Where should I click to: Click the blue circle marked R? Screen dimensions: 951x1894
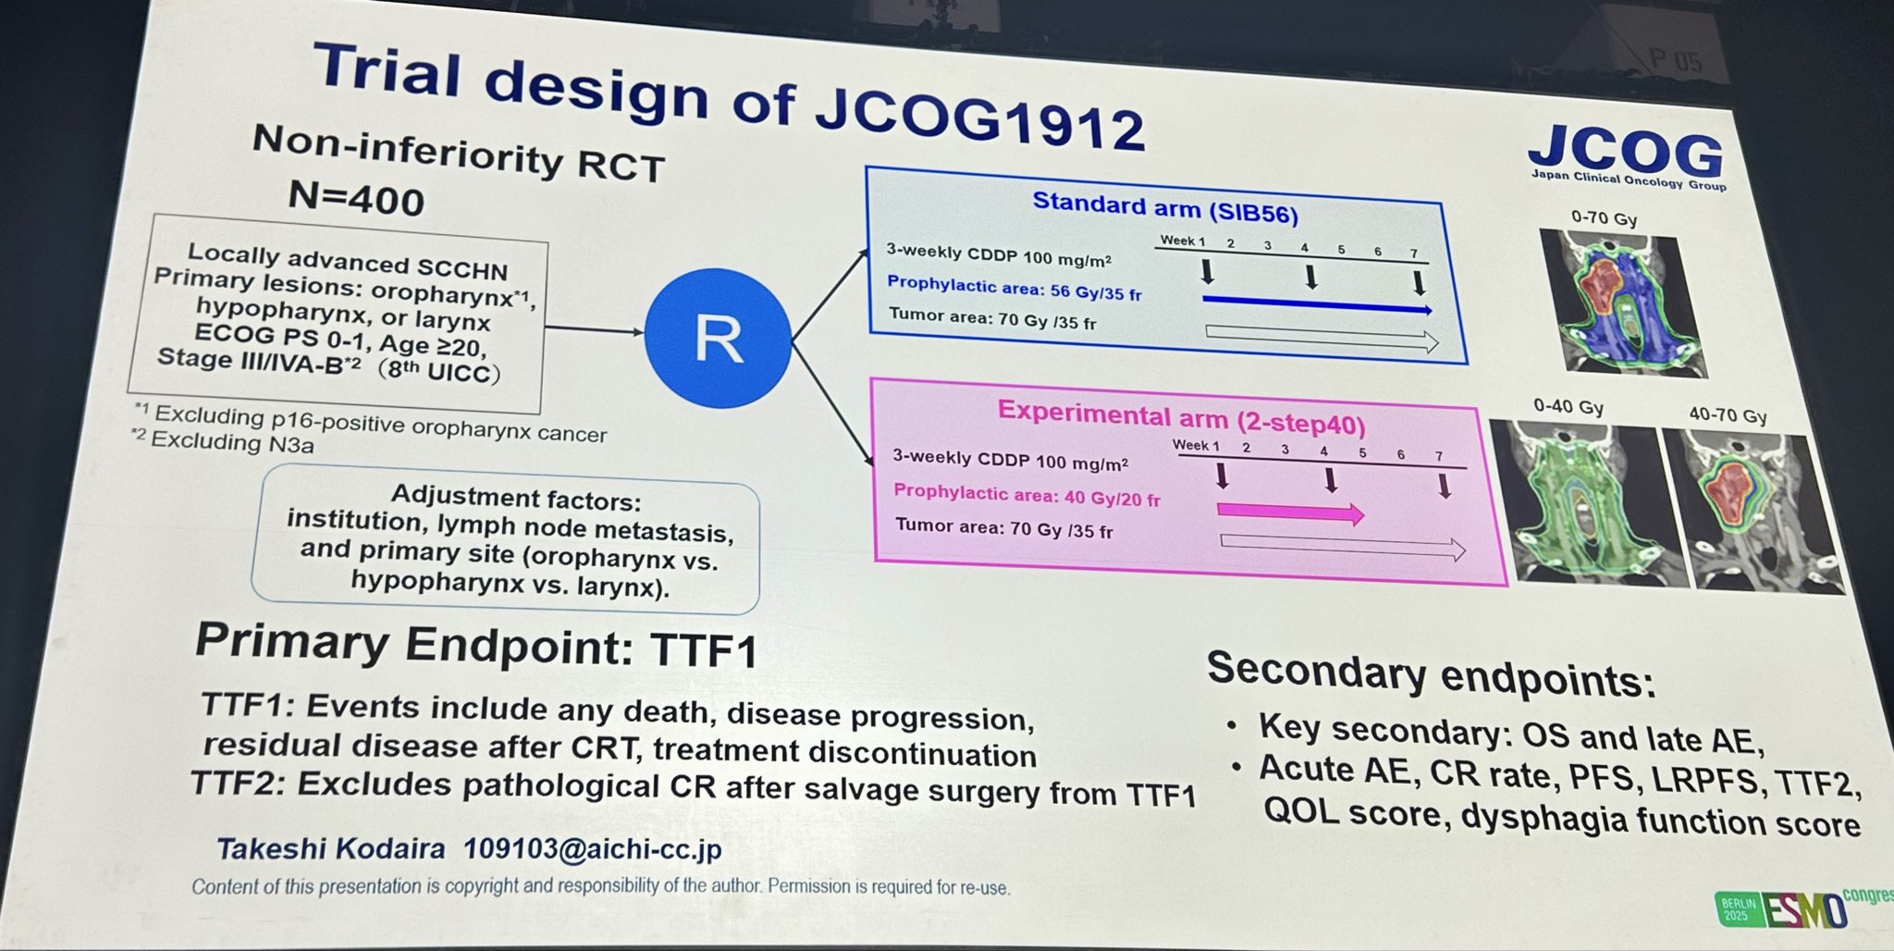click(x=718, y=339)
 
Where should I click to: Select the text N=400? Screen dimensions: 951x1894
click(x=356, y=197)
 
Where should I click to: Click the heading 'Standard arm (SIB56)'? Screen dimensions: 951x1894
click(x=1164, y=207)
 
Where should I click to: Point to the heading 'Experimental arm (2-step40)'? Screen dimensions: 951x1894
click(x=1181, y=418)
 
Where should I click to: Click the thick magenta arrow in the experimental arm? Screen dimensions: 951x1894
click(x=1290, y=512)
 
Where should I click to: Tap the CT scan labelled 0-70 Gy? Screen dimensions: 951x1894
click(x=1622, y=303)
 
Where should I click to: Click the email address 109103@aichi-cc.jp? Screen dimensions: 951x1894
click(x=592, y=849)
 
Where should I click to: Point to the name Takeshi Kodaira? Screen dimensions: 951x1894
click(x=330, y=847)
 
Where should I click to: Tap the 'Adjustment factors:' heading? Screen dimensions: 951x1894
click(x=515, y=499)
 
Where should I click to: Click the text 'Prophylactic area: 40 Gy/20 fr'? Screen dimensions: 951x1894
click(x=1027, y=496)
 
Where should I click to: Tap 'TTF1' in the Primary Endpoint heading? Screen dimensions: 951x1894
click(x=704, y=648)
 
